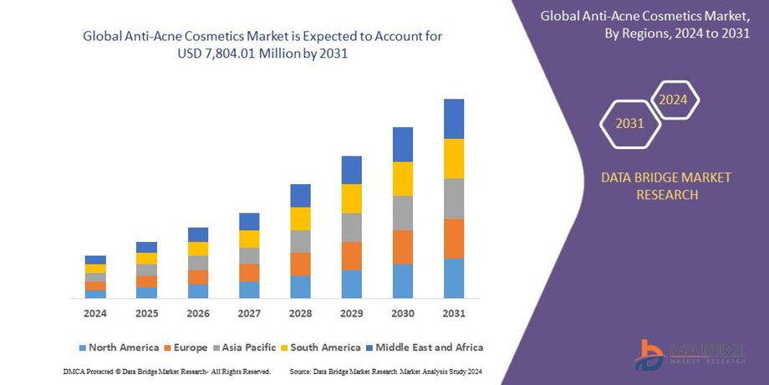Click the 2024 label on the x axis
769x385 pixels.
[x=95, y=314]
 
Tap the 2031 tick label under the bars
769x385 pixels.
[x=454, y=314]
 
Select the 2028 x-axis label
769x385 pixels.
[x=300, y=314]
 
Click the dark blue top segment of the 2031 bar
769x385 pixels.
[x=454, y=119]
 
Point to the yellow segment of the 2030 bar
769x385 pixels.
[x=403, y=178]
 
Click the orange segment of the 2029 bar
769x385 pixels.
[x=352, y=255]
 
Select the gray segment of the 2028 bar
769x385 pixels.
[x=300, y=241]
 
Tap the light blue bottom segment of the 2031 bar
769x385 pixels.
[x=454, y=278]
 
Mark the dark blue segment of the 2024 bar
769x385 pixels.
[x=95, y=259]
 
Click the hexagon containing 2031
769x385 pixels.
[x=630, y=124]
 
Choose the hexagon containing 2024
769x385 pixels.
[x=673, y=100]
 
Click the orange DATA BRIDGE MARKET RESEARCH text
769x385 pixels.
[x=666, y=186]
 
